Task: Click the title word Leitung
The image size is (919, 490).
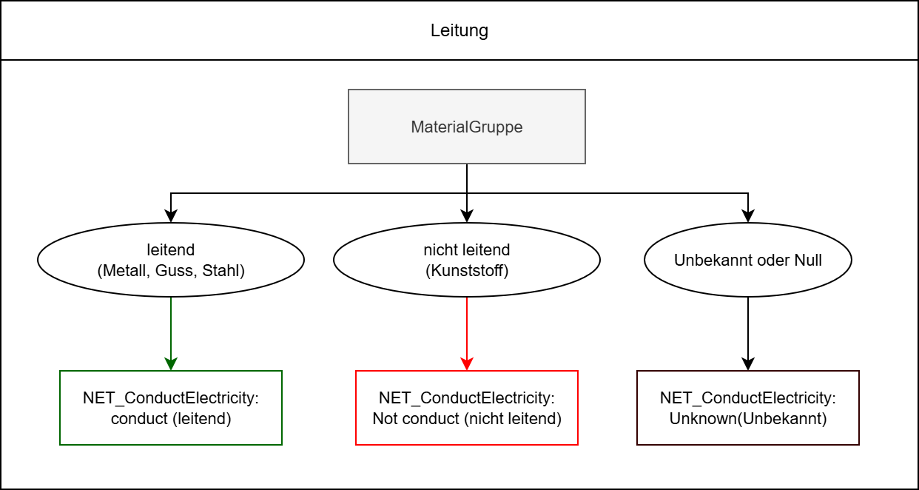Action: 459,31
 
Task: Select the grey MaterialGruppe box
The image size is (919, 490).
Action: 466,127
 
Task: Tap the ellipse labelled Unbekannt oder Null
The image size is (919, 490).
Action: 747,261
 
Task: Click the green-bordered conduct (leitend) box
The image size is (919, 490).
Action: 171,408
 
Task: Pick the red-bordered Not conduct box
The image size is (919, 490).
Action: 467,408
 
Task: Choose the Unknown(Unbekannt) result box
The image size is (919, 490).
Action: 747,408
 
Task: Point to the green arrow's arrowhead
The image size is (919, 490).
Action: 171,363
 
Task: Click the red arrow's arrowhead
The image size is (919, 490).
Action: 467,363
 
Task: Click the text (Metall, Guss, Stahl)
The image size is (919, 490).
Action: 171,271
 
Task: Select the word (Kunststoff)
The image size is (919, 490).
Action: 467,271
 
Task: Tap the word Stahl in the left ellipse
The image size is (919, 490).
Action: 225,271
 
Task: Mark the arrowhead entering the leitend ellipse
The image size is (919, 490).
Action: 171,216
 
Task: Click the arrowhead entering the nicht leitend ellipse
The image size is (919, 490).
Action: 467,216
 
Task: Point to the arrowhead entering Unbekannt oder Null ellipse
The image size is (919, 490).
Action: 748,216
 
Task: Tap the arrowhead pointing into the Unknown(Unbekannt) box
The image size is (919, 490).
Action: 748,363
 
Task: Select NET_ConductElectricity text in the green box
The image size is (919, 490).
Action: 171,398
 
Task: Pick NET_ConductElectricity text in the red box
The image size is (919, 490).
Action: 467,398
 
